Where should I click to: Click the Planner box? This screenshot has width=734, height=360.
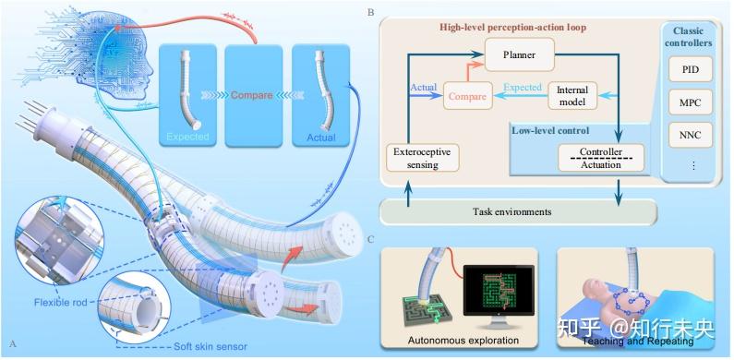519,54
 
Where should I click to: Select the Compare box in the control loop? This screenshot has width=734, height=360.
468,96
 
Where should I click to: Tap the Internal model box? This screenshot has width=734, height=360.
572,95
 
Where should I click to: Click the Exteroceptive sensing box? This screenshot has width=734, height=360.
423,158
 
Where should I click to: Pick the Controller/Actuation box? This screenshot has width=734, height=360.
601,158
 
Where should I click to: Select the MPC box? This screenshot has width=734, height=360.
691,103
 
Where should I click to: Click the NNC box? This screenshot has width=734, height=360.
691,136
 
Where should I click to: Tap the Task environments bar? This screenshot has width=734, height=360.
518,211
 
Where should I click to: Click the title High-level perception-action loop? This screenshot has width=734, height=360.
512,27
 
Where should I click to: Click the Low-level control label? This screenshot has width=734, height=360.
550,130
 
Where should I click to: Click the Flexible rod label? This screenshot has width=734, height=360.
60,303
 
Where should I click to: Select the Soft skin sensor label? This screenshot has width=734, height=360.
211,347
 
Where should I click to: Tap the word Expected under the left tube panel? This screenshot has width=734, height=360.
187,138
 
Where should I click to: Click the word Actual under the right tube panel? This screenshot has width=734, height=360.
321,138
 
